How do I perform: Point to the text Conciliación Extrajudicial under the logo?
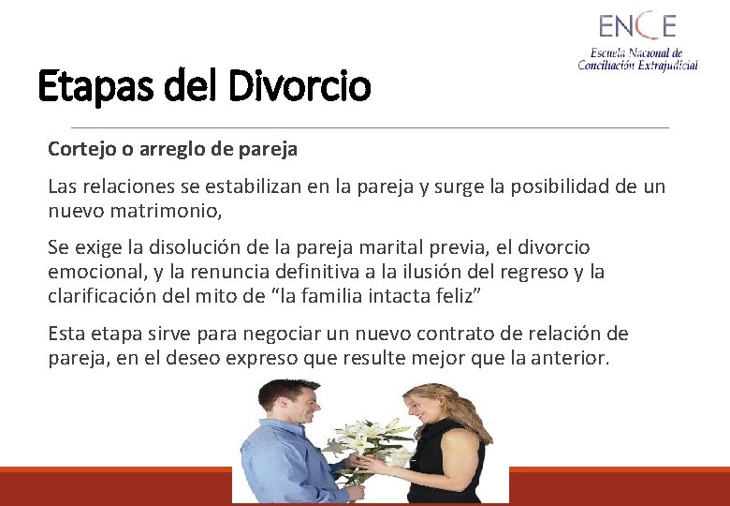pos(637,65)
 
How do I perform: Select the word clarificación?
pos(104,297)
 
